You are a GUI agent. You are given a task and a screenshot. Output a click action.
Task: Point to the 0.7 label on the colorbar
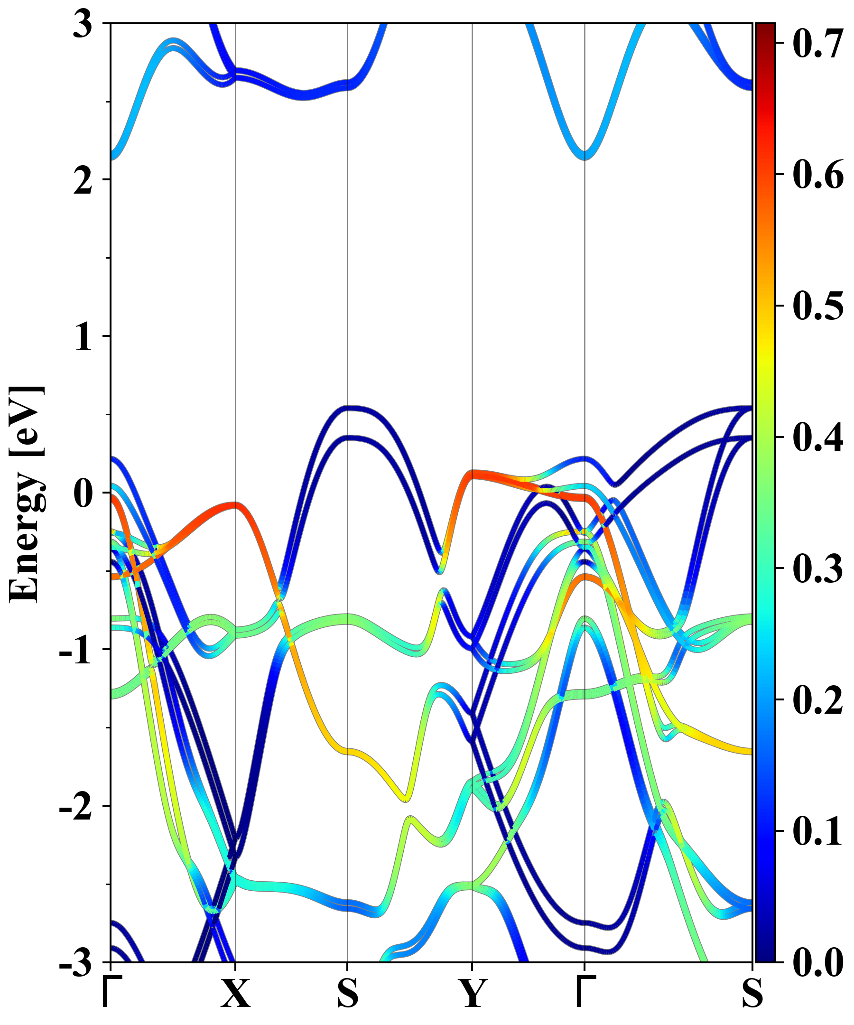pos(818,43)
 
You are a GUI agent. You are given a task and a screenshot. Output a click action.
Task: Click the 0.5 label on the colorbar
pos(818,306)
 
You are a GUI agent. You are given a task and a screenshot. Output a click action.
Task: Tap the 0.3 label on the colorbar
pos(818,568)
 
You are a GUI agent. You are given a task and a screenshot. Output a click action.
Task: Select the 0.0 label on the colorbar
pos(818,963)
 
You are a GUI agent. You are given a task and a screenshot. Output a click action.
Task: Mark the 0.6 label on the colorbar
pos(818,174)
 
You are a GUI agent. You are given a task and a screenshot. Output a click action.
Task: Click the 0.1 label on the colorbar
pos(818,832)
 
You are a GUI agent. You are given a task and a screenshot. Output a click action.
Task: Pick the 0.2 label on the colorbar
pos(818,700)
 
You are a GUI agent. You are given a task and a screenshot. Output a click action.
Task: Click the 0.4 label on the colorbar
pos(818,438)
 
